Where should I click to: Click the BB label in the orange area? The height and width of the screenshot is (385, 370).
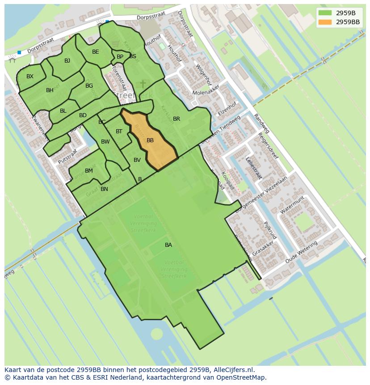pyautogui.click(x=150, y=140)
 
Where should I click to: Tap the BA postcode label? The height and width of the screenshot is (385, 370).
pyautogui.click(x=168, y=245)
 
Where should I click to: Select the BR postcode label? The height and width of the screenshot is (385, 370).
pyautogui.click(x=177, y=119)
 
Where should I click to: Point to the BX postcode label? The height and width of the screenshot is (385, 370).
pyautogui.click(x=30, y=76)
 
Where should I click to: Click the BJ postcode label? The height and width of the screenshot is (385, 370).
pyautogui.click(x=67, y=61)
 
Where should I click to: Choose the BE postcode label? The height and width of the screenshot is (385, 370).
pyautogui.click(x=96, y=52)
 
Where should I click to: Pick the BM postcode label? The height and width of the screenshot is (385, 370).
pyautogui.click(x=89, y=171)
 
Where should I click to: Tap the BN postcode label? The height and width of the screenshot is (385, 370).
pyautogui.click(x=104, y=189)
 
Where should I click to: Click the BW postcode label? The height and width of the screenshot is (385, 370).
pyautogui.click(x=105, y=142)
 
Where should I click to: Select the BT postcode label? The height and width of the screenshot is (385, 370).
pyautogui.click(x=119, y=131)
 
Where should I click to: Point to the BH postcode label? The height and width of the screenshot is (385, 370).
pyautogui.click(x=50, y=90)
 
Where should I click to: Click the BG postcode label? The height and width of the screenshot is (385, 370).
pyautogui.click(x=89, y=86)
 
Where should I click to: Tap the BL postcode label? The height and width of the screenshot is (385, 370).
pyautogui.click(x=63, y=111)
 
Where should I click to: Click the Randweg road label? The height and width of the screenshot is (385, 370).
pyautogui.click(x=261, y=123)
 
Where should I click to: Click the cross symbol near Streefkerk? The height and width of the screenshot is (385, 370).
pyautogui.click(x=143, y=84)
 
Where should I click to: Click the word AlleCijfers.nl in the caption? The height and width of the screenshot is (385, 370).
pyautogui.click(x=232, y=370)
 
